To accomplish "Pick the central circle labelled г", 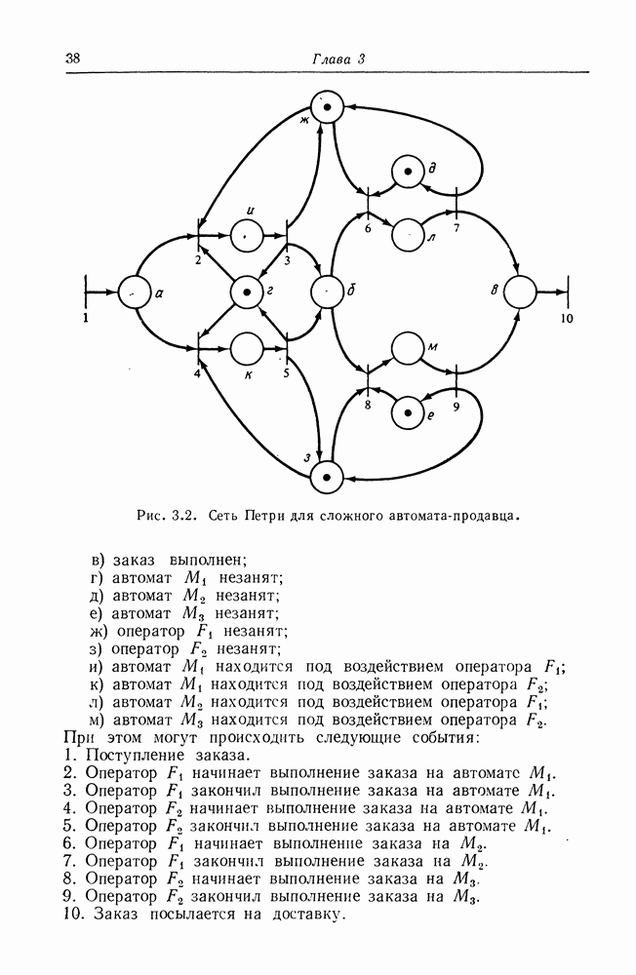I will (x=247, y=291).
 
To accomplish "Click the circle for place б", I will (x=326, y=291).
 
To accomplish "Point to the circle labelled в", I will (x=521, y=291).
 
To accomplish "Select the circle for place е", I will (x=407, y=412).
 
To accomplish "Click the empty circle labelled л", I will (x=407, y=233).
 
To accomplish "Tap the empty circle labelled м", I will (x=407, y=349).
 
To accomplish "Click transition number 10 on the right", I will (x=571, y=291).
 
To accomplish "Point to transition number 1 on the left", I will (x=86, y=291).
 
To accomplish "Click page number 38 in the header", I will (x=72, y=58).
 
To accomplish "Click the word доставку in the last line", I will (x=306, y=916).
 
